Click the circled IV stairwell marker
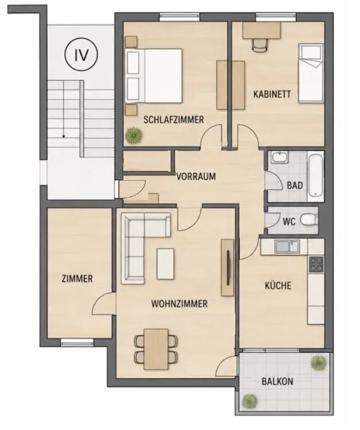coord(81,55)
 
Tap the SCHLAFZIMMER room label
coord(174,120)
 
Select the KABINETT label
coord(272,94)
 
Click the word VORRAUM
coord(196,176)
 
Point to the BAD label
coord(295,185)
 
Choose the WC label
coord(289,221)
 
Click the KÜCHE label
coord(278,285)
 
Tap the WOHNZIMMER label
coord(179,304)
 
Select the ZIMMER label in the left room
coord(78,279)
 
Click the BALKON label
coord(277,381)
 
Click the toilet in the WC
coord(309,220)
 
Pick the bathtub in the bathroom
coord(315,176)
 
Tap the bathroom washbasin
coord(280,157)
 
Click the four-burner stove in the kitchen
coord(316,264)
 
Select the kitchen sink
coord(287,246)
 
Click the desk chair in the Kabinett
coord(260,45)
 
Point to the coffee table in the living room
coord(165,264)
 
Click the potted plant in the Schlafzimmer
coord(134,135)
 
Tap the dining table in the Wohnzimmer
coord(156,349)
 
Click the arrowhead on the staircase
coord(64,135)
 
